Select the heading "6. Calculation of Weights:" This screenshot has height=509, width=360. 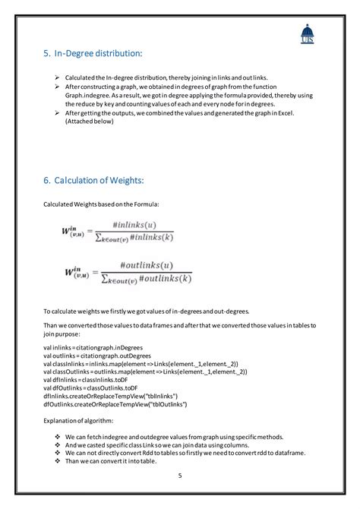point(93,179)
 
